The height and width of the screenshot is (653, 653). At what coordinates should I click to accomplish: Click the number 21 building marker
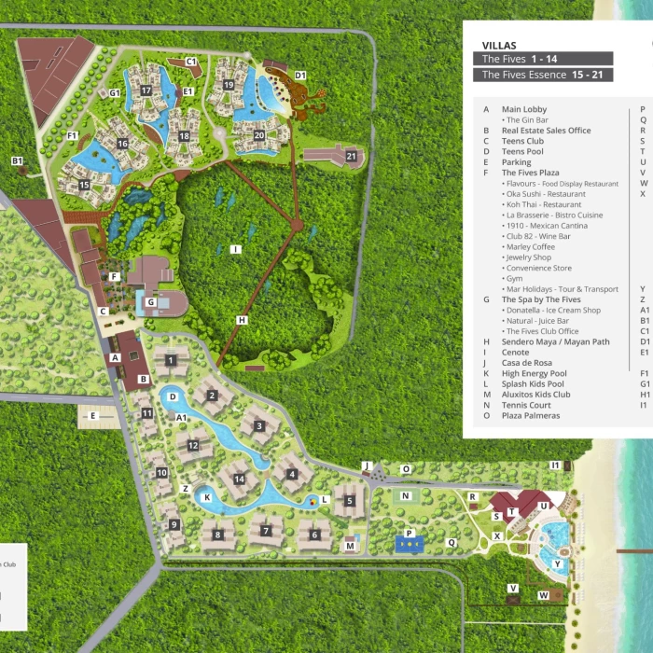352,156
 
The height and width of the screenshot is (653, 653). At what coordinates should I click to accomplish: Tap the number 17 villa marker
146,90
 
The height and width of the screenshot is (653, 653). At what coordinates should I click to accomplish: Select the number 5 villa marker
350,500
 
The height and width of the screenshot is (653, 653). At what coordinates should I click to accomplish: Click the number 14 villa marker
240,479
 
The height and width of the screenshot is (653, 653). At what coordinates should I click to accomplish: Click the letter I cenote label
236,249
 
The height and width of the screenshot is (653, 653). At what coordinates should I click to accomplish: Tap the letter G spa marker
150,301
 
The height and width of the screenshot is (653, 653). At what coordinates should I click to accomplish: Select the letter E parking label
92,415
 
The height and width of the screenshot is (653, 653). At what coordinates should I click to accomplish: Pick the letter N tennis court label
406,496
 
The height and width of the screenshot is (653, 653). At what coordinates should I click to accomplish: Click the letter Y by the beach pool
558,563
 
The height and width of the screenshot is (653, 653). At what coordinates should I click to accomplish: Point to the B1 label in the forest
17,160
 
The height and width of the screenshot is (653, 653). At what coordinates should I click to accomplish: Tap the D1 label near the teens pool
300,75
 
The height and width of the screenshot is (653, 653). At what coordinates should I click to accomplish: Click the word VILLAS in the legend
500,45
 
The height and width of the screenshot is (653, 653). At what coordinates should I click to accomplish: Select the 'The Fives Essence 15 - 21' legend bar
544,75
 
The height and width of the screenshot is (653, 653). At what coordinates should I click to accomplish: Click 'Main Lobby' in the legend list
524,109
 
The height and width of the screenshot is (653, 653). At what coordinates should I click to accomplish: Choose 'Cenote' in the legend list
516,353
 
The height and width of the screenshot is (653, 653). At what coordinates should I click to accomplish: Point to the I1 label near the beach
555,464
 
